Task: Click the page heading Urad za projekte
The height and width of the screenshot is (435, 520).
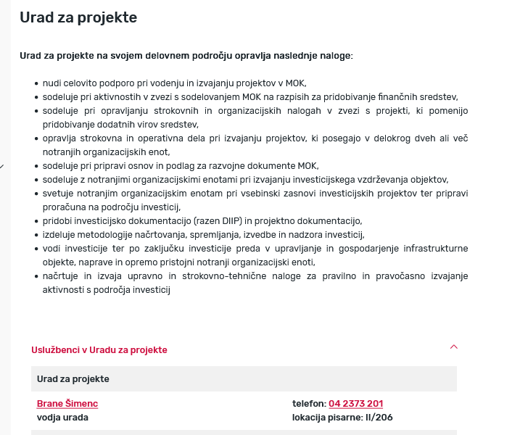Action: pyautogui.click(x=78, y=17)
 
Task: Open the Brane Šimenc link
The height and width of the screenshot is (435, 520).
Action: pyautogui.click(x=67, y=404)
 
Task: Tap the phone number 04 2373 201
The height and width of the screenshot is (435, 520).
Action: pyautogui.click(x=355, y=404)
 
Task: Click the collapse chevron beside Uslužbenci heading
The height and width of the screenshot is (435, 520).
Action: pyautogui.click(x=454, y=347)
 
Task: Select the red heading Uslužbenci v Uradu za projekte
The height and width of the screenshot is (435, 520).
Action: pyautogui.click(x=99, y=349)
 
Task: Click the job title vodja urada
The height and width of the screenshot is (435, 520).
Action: pyautogui.click(x=62, y=417)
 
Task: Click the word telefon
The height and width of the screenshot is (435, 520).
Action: pyautogui.click(x=308, y=404)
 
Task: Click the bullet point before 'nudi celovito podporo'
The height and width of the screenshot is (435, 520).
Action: pyautogui.click(x=36, y=83)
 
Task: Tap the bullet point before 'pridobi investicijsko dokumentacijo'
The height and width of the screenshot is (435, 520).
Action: pyautogui.click(x=36, y=221)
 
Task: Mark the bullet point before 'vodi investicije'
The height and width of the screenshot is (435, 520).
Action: pyautogui.click(x=36, y=249)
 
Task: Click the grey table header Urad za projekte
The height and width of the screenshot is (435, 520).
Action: pyautogui.click(x=73, y=378)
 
